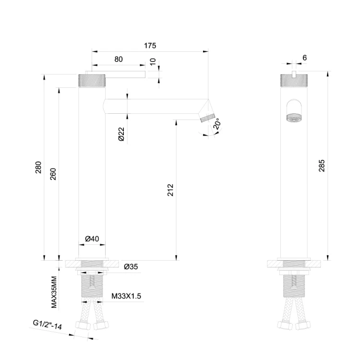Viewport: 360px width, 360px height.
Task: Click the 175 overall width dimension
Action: [150, 46]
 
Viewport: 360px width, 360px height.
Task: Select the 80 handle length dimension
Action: [119, 59]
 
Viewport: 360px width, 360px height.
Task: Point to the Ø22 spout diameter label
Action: [121, 134]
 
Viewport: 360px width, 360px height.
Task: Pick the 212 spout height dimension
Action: [170, 190]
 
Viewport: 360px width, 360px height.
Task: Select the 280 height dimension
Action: [38, 168]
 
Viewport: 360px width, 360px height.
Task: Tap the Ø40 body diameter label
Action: [92, 239]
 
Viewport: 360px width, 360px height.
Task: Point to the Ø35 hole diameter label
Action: [131, 266]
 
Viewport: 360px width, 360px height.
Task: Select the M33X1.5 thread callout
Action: [126, 296]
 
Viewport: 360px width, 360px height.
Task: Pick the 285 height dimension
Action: [322, 166]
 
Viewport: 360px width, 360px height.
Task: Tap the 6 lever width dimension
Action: [305, 58]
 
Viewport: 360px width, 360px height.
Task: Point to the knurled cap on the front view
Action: [293, 80]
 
